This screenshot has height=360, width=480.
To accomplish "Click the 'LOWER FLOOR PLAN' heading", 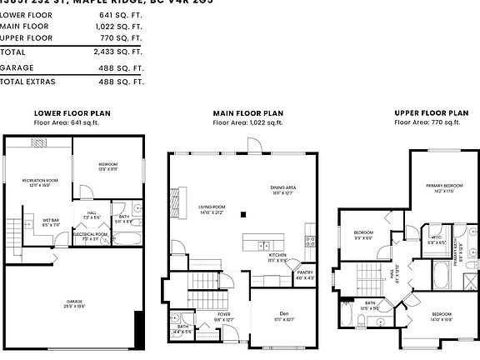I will pos(72,112).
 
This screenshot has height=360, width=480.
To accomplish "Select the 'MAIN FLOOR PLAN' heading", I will pos(248,112).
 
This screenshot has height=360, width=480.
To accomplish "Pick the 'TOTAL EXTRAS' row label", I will pos(30,82).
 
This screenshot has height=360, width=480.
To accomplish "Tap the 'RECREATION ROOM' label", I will pos(40,180).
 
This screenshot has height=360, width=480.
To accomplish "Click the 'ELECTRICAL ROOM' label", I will pos(92,234).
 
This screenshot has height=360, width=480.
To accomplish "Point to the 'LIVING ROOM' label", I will pos(212,207).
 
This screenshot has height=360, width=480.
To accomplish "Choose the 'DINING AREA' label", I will pos(283,187).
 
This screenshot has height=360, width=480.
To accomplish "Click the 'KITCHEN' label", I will pos(277,255).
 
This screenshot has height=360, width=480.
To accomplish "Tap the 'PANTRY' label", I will pos(305,272).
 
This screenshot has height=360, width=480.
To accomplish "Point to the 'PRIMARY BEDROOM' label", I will pos(442,185).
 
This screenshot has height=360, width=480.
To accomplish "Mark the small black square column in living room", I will pos(243,214).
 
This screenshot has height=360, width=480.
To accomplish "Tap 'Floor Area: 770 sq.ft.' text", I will pos(428,122).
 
